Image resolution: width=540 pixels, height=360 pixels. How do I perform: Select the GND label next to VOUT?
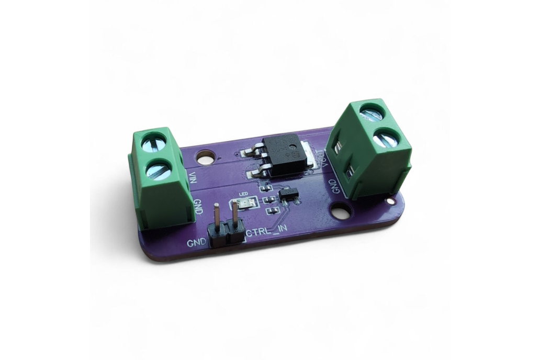332,186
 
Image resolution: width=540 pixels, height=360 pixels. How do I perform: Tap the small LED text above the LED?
243,195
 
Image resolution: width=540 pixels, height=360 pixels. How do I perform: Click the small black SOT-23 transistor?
288,196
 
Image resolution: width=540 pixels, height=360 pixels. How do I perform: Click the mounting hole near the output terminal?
341,211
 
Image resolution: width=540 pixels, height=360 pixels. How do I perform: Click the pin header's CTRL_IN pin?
235,220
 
